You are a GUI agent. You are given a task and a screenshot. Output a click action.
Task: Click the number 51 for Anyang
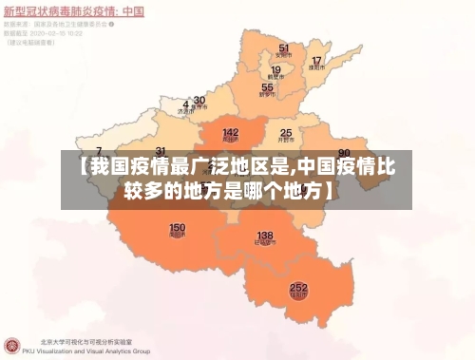pyautogui.click(x=283, y=47)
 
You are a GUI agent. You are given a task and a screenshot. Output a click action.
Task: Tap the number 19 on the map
pyautogui.click(x=275, y=69)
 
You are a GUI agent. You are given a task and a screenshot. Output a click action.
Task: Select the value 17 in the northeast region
pyautogui.click(x=317, y=61)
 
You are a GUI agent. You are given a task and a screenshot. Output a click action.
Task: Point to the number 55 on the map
pyautogui.click(x=267, y=87)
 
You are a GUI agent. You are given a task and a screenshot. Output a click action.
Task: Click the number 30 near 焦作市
pyautogui.click(x=199, y=100)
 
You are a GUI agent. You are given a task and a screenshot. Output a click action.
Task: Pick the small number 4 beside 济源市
pyautogui.click(x=185, y=104)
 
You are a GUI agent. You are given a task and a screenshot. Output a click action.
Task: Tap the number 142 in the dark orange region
pyautogui.click(x=230, y=133)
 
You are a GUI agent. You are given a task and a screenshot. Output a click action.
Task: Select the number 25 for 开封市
pyautogui.click(x=285, y=133)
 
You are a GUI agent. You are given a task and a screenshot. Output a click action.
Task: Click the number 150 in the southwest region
pyautogui.click(x=177, y=228)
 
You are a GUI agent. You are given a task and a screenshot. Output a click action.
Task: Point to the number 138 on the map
pyautogui.click(x=265, y=236)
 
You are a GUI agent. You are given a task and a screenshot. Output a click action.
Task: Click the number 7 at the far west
pyautogui.click(x=99, y=151)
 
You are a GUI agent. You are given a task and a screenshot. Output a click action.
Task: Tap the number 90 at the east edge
pyautogui.click(x=344, y=152)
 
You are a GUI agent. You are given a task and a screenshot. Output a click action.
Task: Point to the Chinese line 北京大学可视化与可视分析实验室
pyautogui.click(x=85, y=340)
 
